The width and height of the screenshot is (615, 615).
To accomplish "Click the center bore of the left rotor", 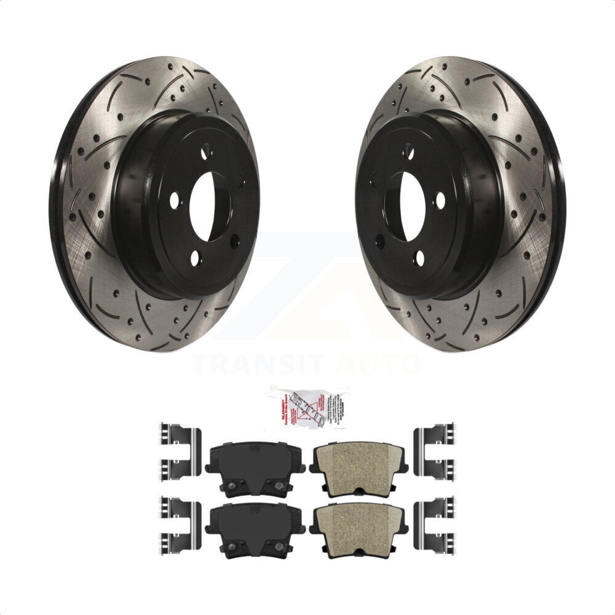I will coord(202,206).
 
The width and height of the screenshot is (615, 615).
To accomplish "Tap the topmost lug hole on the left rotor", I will coord(207,150).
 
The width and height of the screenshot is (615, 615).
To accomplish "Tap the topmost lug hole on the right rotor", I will coord(407,150).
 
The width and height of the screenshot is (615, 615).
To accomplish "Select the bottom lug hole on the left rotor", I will coord(195,259).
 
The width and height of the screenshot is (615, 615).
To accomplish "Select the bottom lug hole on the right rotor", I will coord(419,259).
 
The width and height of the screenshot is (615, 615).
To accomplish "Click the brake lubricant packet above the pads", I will coord(307,405).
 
